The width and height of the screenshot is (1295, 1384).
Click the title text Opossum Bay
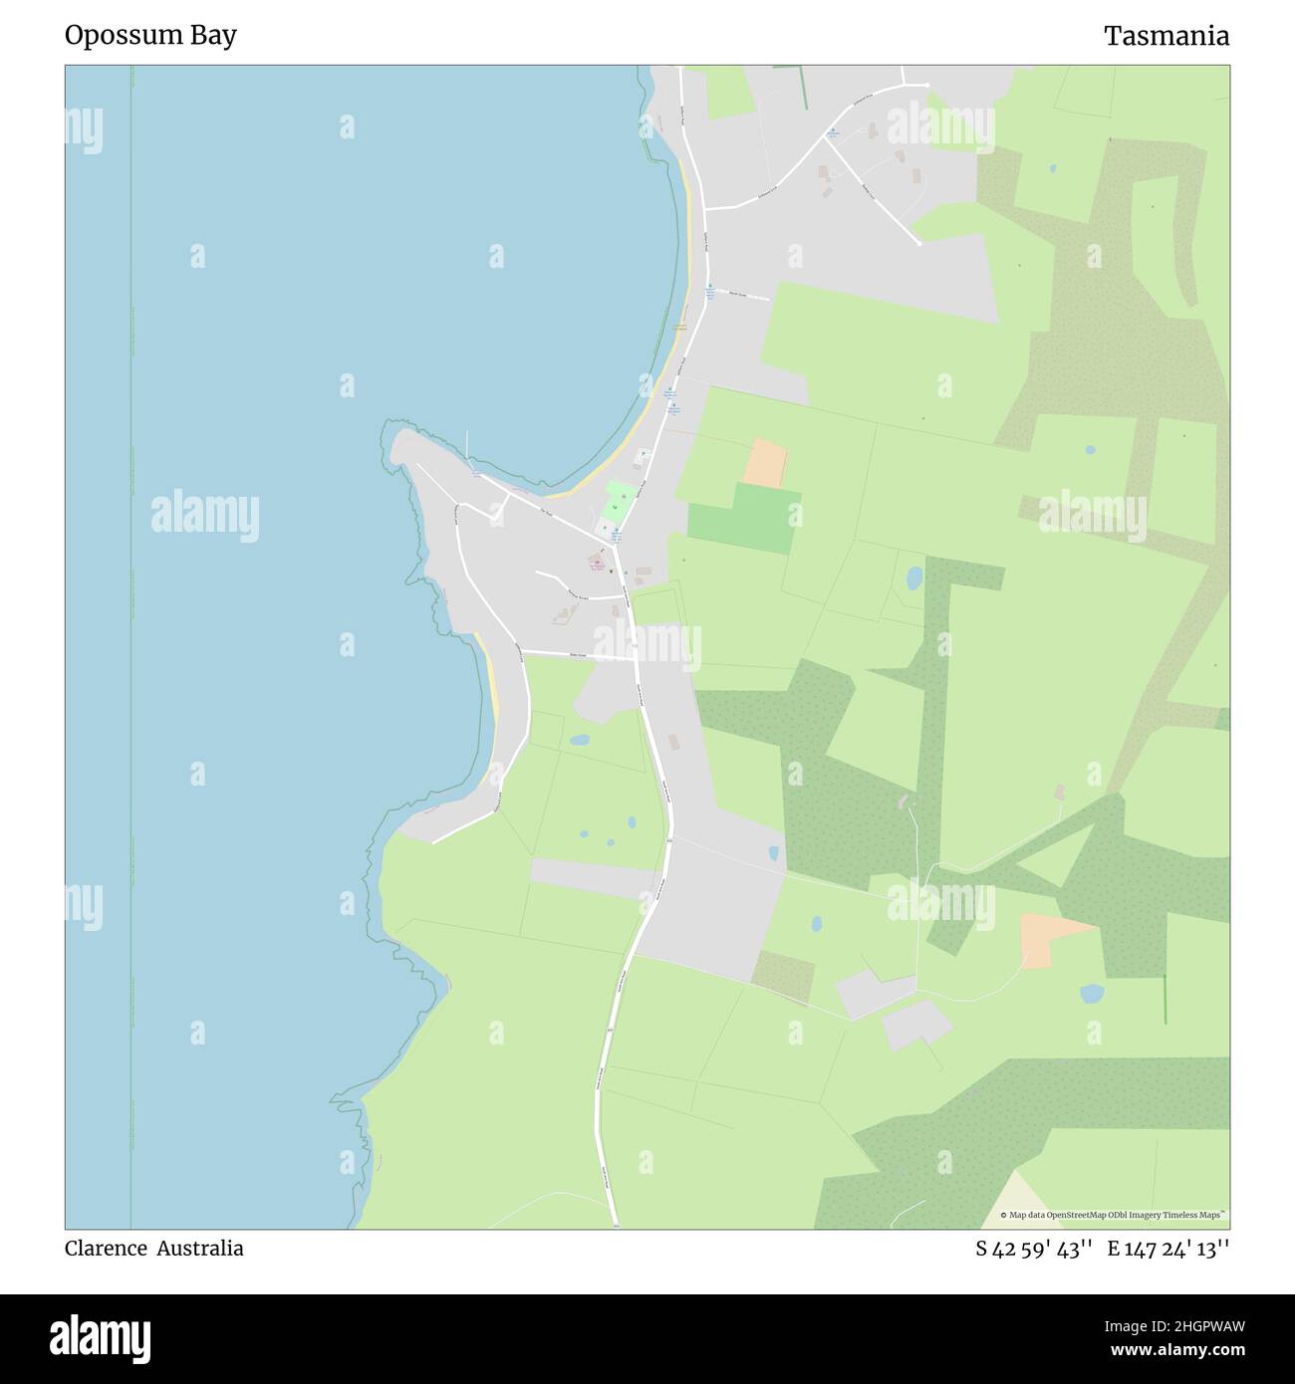tap(150, 36)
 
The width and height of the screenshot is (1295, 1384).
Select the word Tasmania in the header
tap(1165, 36)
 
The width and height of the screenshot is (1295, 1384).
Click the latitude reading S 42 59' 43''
tap(1034, 1249)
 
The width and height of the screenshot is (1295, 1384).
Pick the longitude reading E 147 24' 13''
tap(1167, 1249)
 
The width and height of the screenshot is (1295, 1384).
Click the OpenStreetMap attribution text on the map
tap(1113, 1215)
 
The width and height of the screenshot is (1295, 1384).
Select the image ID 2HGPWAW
tap(1196, 1326)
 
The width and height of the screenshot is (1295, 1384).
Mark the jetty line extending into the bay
tap(467, 445)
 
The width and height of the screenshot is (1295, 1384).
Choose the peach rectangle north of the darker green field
tap(765, 463)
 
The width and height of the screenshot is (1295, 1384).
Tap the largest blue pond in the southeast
tap(1092, 994)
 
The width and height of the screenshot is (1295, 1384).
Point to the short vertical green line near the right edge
tap(1165, 1000)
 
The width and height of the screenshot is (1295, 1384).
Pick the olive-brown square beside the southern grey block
tap(783, 976)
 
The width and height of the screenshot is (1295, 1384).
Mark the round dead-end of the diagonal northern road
tap(917, 242)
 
